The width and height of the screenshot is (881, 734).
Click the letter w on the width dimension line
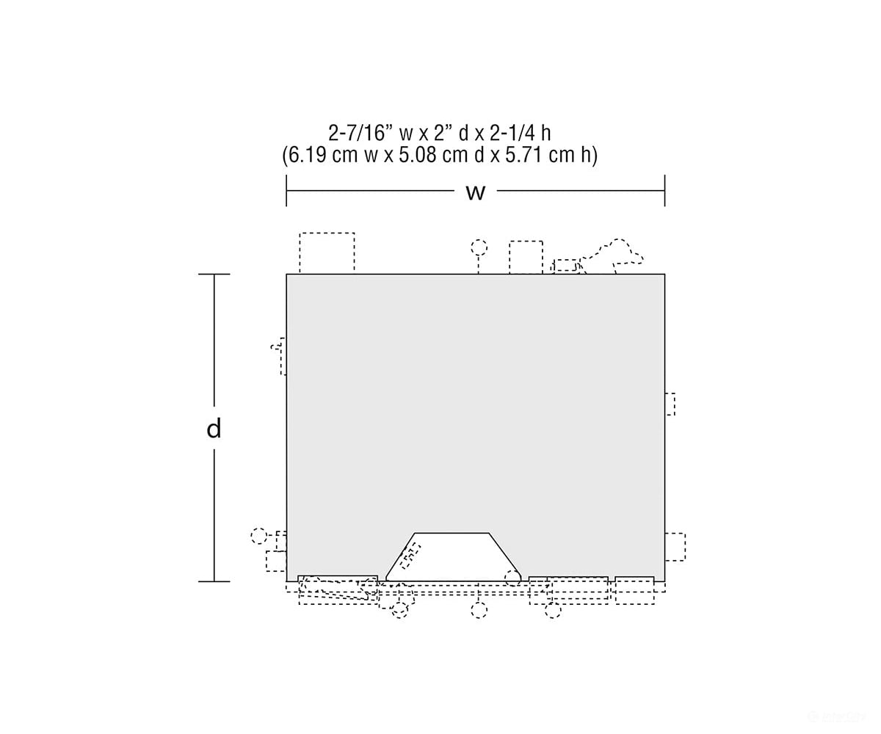476,192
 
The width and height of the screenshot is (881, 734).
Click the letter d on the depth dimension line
214,429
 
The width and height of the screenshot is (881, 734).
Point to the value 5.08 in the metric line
418,155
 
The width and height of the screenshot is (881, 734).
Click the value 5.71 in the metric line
526,155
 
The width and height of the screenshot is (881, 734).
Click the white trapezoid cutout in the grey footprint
453,557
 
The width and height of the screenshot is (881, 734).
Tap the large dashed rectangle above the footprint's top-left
327,252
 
